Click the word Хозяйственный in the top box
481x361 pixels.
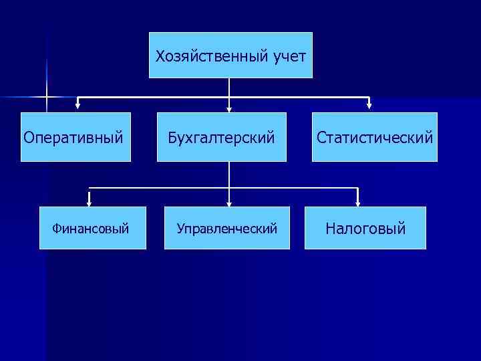[212, 56]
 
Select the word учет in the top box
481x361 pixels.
[289, 56]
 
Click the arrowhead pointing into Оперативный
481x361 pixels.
[77, 105]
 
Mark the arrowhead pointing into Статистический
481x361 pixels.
[369, 105]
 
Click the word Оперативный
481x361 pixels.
[73, 138]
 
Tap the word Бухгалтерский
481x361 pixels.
[222, 138]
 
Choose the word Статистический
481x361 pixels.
[375, 138]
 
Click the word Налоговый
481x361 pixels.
[365, 229]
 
